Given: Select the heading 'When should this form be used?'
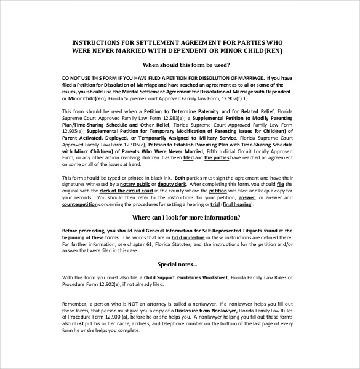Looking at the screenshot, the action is tap(186, 65).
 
